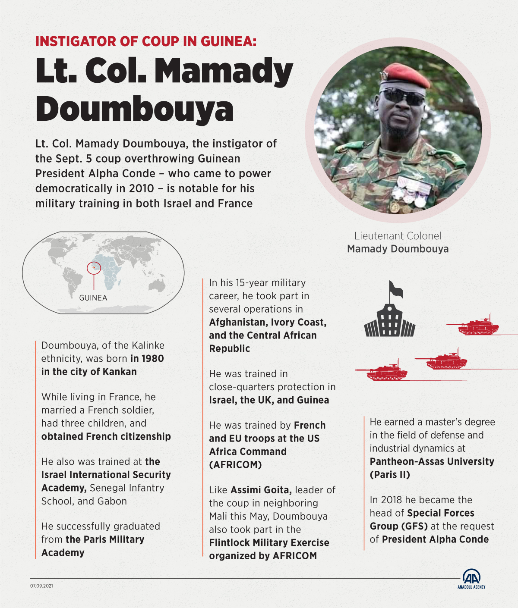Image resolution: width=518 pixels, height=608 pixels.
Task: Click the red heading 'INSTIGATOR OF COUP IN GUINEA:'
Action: tap(146, 41)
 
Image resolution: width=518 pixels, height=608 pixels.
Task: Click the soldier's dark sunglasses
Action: tap(402, 96)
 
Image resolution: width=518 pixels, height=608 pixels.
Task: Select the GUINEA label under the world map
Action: tap(93, 298)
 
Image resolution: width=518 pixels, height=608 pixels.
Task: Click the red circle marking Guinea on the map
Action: tap(93, 268)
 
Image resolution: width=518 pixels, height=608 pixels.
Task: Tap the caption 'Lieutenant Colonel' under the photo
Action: tap(398, 236)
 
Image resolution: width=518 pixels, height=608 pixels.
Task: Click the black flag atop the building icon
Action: tap(395, 289)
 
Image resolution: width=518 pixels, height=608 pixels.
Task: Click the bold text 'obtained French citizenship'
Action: tap(106, 436)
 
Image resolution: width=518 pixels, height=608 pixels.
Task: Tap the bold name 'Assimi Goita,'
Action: tap(261, 490)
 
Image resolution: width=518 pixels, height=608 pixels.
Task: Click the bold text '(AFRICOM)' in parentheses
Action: tap(235, 465)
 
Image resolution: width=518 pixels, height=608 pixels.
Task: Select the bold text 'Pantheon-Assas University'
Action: tap(432, 461)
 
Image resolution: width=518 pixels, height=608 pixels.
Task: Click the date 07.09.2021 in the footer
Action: tap(41, 586)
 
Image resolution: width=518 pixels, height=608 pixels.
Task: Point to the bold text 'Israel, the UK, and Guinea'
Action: tap(269, 400)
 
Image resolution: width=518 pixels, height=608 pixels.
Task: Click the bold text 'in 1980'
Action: tap(147, 358)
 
